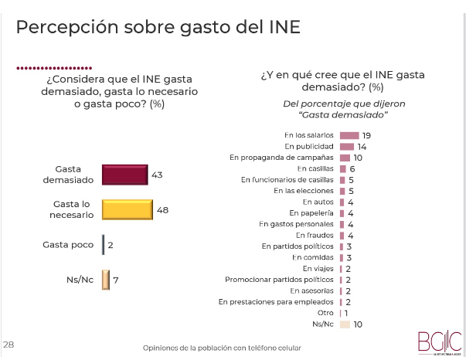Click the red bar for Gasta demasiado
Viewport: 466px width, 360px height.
pos(124,175)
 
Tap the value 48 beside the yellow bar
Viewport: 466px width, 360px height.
pos(162,209)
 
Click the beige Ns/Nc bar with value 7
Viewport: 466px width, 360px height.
pos(107,280)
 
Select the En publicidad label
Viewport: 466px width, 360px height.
pos(309,146)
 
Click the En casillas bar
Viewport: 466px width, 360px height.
pos(343,168)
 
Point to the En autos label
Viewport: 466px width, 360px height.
pos(318,202)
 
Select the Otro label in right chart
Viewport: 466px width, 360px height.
pos(325,312)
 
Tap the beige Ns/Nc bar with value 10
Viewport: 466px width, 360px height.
pos(345,324)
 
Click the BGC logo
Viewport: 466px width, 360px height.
pos(438,341)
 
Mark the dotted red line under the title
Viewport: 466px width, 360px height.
pos(54,67)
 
